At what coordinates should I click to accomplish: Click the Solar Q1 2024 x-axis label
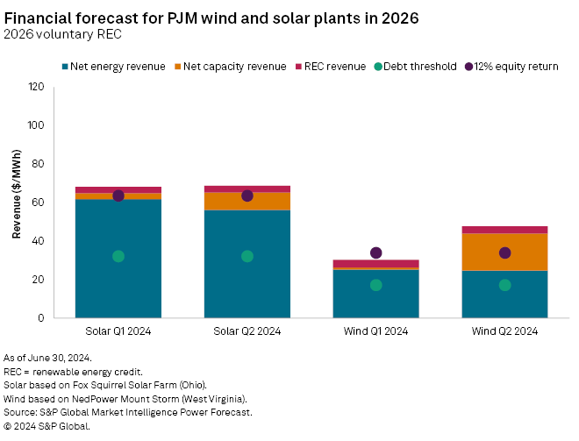coord(118,331)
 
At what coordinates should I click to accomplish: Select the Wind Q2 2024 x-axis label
coord(504,331)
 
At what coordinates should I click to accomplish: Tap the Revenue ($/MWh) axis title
coord(17,201)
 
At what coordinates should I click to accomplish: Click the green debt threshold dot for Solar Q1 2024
coord(118,256)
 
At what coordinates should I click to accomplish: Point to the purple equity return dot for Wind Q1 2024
coord(376,253)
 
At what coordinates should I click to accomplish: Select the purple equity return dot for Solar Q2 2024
coord(247,196)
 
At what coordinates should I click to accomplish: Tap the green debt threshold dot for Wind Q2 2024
coord(504,285)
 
